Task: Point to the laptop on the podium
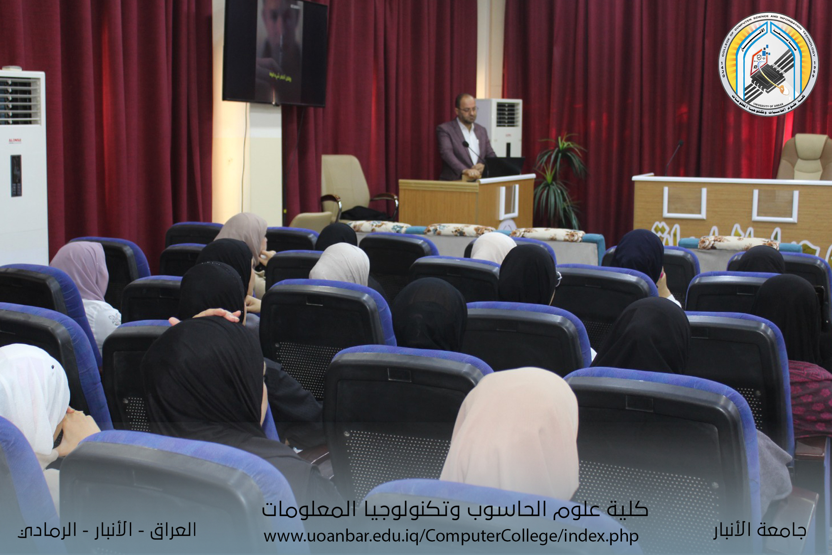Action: pos(503,166)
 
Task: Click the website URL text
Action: pos(451,536)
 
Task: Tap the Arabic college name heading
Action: pos(454,510)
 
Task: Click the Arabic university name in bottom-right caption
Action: pos(760,530)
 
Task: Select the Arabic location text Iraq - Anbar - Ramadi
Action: pos(108,530)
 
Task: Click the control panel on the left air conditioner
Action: pos(16,175)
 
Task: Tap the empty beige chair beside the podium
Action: pos(346,186)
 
